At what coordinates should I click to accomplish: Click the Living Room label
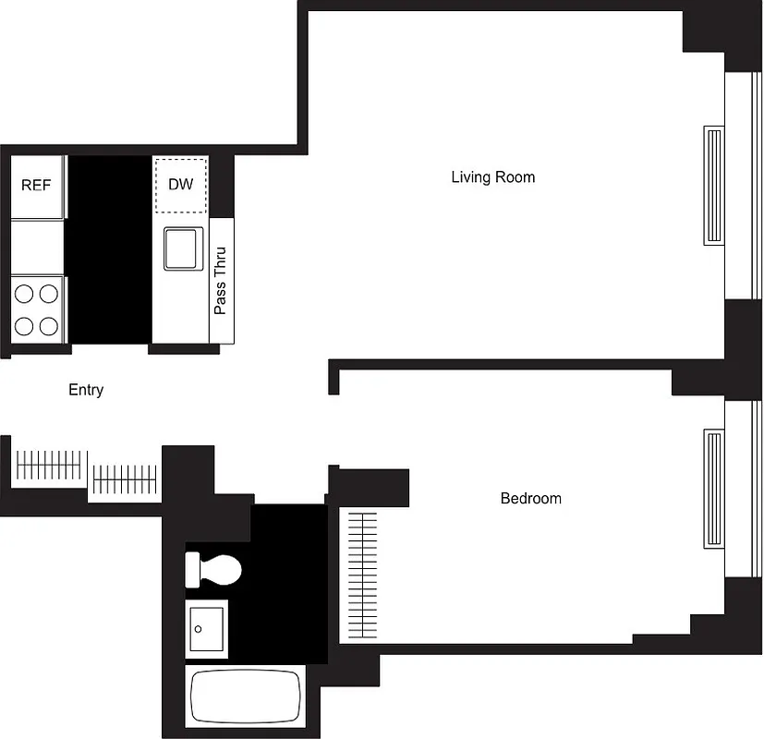pos(492,176)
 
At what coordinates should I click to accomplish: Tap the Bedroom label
pos(530,499)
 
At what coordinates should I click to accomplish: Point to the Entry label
pos(86,390)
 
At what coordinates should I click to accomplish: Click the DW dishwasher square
pos(180,184)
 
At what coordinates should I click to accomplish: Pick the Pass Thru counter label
pos(221,280)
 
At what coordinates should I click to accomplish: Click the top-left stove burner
pos(25,294)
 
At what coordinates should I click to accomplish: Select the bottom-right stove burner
pos(49,325)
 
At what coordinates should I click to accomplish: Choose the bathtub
pos(246,697)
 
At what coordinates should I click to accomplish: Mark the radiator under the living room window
pos(714,186)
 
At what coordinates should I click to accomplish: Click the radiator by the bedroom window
pos(714,488)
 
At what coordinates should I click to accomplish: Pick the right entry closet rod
pos(125,478)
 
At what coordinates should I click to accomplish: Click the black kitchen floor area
pos(109,249)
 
